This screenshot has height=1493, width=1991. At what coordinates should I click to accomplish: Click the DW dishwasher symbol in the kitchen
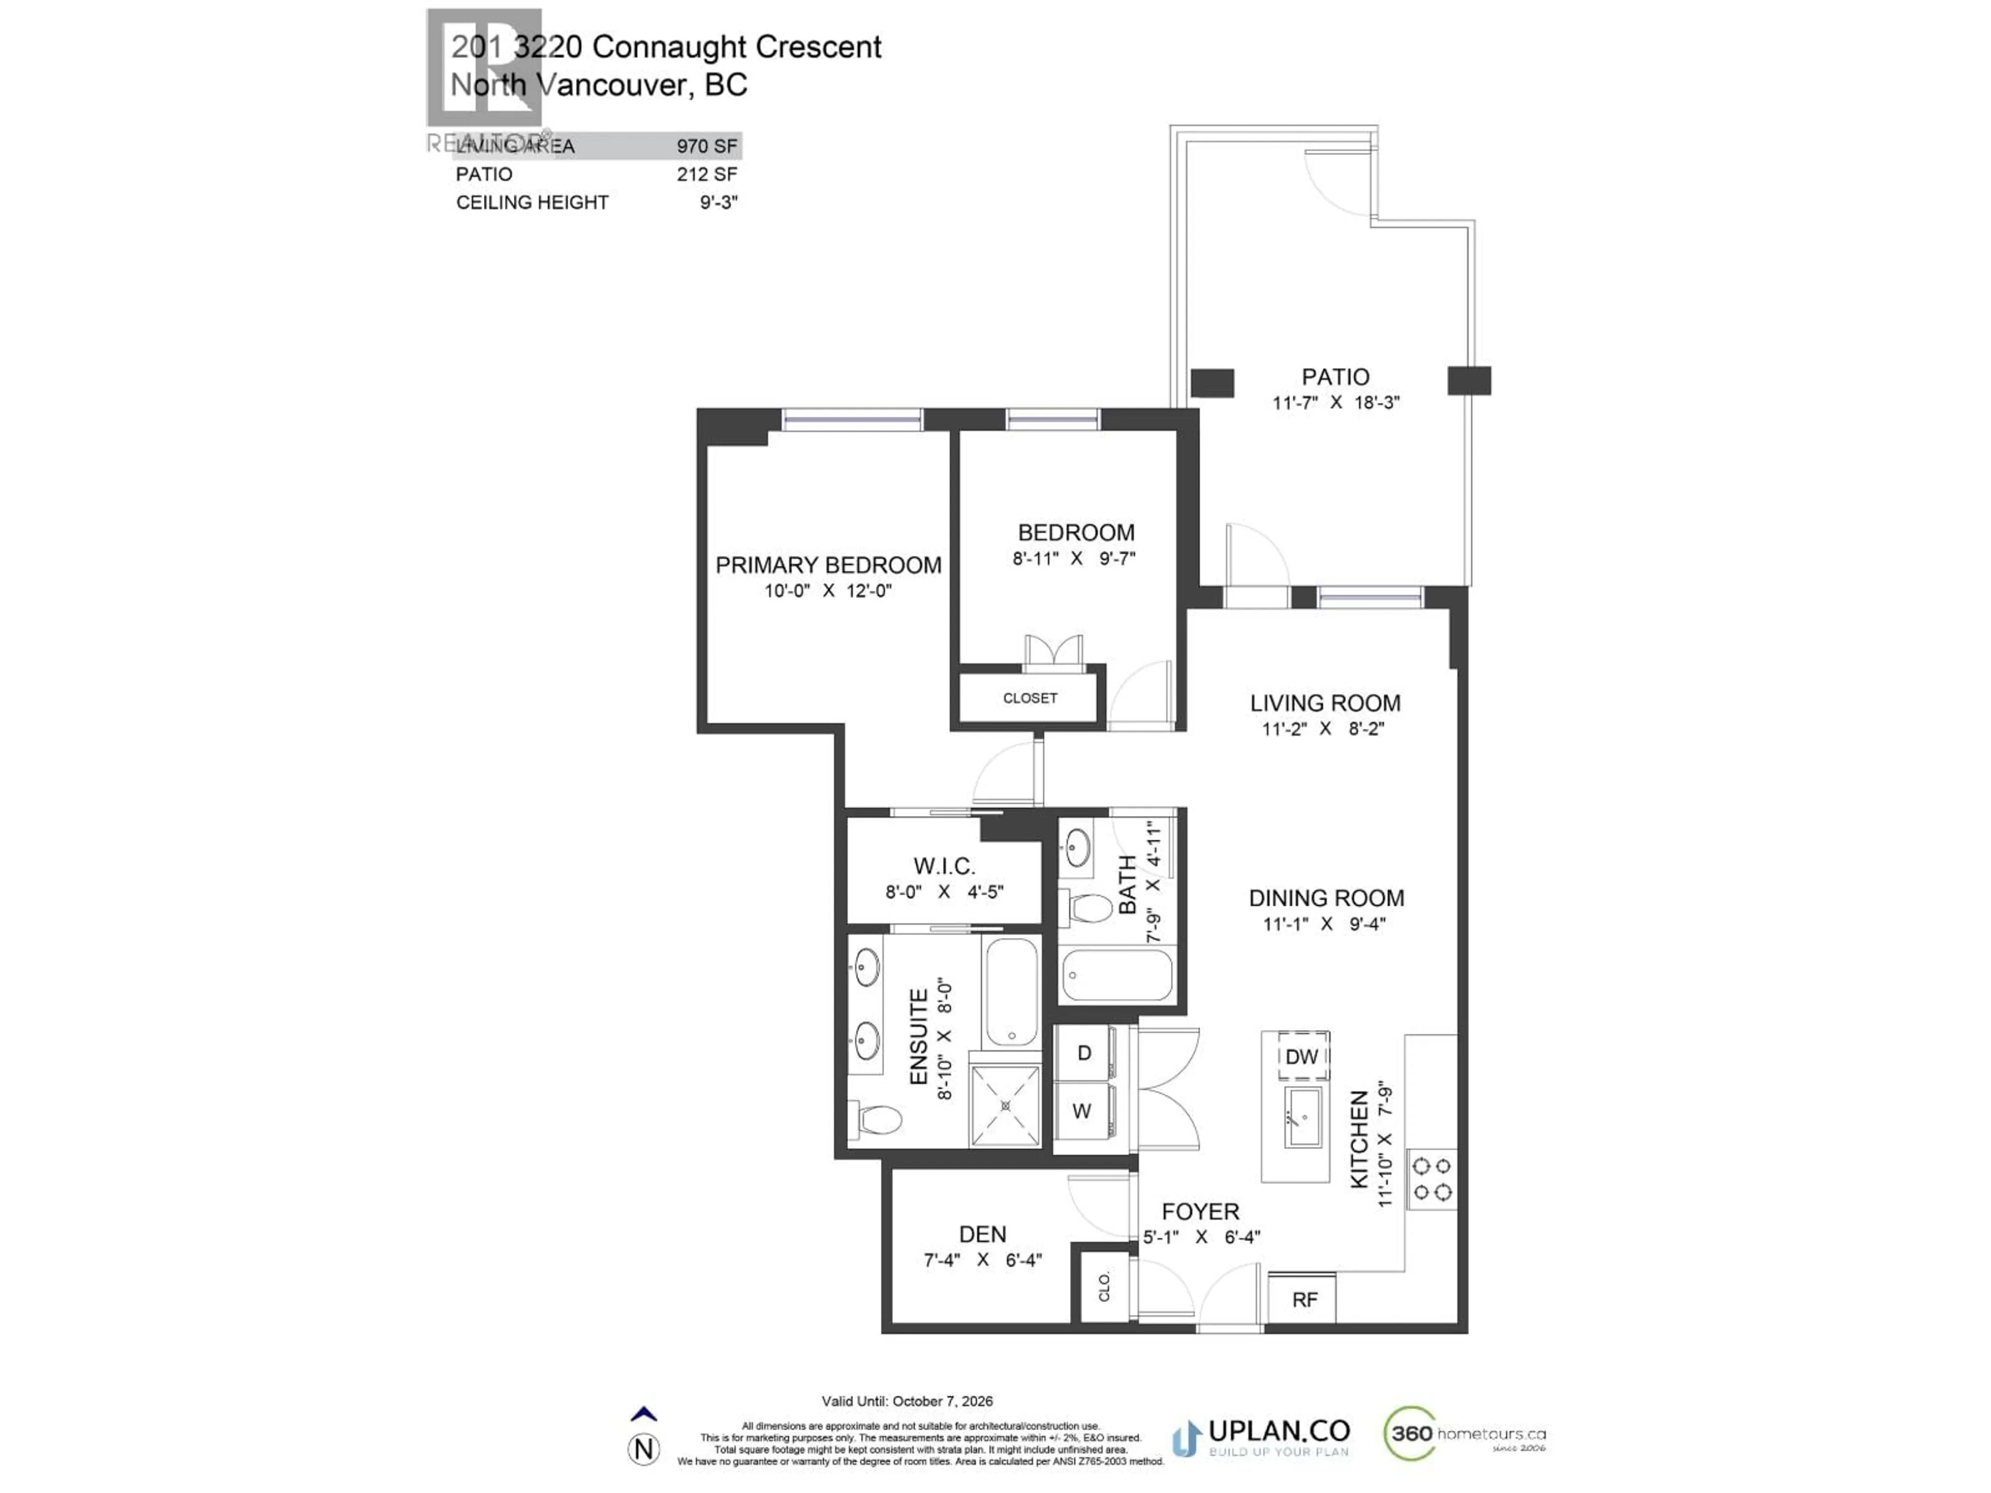pyautogui.click(x=1302, y=1057)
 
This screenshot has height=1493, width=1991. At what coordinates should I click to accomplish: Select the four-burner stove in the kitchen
pyautogui.click(x=1431, y=1179)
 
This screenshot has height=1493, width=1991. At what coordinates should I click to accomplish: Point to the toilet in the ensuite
pyautogui.click(x=878, y=1120)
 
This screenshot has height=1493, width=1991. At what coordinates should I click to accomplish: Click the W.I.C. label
pyautogui.click(x=943, y=866)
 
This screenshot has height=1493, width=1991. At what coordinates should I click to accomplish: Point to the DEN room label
pyautogui.click(x=982, y=1234)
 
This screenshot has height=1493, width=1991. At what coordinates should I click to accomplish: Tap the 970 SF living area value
pyautogui.click(x=707, y=146)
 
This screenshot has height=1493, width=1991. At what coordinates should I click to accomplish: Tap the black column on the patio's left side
pyautogui.click(x=1212, y=383)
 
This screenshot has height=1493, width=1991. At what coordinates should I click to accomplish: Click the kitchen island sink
pyautogui.click(x=1302, y=1116)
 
